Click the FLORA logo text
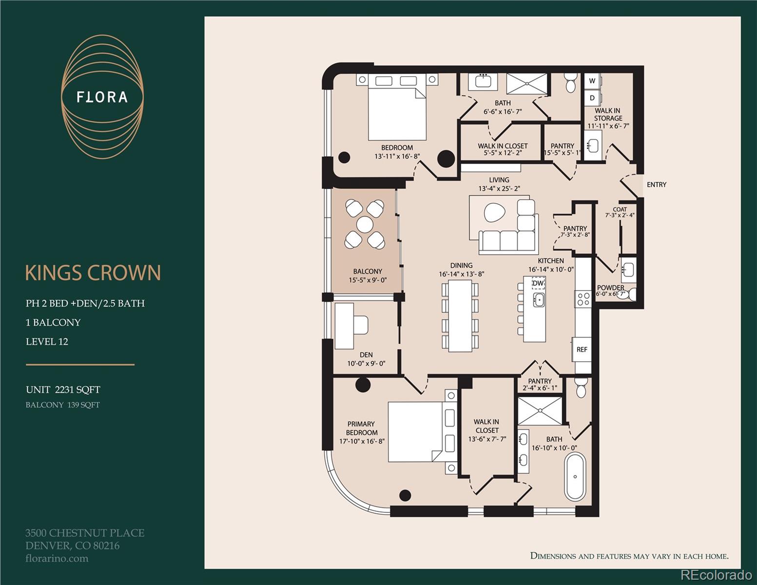[x=102, y=97]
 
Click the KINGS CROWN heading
[x=93, y=273]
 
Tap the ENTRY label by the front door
[x=656, y=184]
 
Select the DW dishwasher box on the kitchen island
[x=538, y=283]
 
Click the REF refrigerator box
[x=582, y=349]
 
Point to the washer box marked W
[x=592, y=81]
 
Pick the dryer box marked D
[x=592, y=97]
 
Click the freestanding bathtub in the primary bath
[x=575, y=477]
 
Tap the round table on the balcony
[x=364, y=225]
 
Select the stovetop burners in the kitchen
[x=583, y=298]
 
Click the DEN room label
[x=366, y=355]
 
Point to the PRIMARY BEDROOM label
[x=361, y=428]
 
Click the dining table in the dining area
[x=460, y=315]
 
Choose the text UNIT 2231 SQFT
[x=63, y=390]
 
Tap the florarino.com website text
[x=57, y=559]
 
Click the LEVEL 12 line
[x=47, y=342]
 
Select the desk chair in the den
[x=361, y=325]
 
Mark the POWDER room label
[x=610, y=288]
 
